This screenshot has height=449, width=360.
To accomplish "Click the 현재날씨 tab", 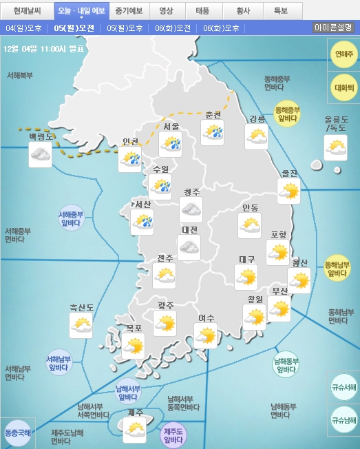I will [x=28, y=11].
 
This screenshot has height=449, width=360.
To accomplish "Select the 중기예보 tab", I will [x=129, y=11].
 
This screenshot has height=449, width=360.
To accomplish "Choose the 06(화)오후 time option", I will [x=222, y=28].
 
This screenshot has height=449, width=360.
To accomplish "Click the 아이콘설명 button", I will [x=333, y=28].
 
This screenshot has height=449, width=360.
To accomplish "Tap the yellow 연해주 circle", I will [x=344, y=54].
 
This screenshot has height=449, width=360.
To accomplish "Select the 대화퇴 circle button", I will [x=344, y=87].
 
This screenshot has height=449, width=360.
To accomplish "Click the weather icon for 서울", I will [x=171, y=143].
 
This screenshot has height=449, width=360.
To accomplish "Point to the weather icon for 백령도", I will [x=41, y=155].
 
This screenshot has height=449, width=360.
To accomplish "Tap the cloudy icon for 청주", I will [x=191, y=209].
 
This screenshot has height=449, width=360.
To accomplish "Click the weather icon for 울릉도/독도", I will [x=336, y=148].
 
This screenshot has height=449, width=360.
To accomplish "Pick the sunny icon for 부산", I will [x=279, y=310].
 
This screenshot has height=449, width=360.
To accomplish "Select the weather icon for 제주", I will [x=134, y=430].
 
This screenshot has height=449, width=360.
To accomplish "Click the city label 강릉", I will [x=257, y=118].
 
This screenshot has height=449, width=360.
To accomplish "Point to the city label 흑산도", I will [x=81, y=307].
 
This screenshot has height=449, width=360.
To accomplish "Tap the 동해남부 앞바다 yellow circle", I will [x=337, y=269].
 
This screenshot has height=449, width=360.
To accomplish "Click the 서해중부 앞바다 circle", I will [x=71, y=218].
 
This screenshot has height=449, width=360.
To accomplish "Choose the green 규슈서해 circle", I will [x=344, y=387].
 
